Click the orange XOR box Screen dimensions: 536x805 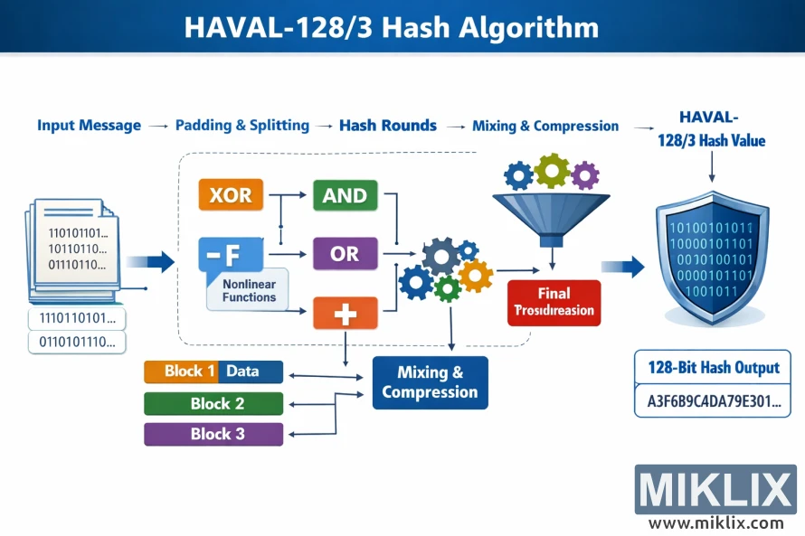[231, 195]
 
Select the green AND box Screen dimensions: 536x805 [345, 195]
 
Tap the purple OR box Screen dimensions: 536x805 [345, 254]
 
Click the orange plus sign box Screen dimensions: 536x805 [345, 313]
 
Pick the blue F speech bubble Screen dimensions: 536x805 [230, 255]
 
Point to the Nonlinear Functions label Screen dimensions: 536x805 [248, 290]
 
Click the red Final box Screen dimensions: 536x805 [554, 302]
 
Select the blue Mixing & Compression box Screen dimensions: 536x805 [430, 382]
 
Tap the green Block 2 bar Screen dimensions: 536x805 [213, 403]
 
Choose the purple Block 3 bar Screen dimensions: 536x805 [213, 434]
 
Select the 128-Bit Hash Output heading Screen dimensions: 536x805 [713, 368]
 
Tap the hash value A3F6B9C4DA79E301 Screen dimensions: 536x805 [713, 401]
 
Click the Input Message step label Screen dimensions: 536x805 [89, 126]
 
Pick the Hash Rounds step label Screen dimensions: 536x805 [387, 126]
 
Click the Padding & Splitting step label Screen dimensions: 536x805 [241, 126]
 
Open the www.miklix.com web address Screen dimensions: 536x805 [715, 522]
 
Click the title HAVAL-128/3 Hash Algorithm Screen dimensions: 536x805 [391, 27]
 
